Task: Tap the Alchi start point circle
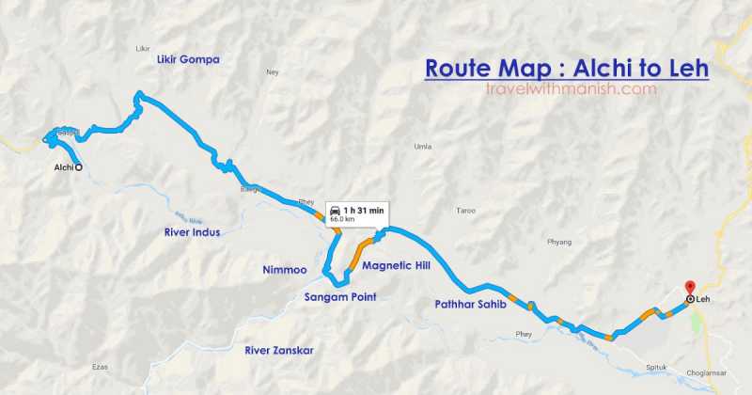[78, 167]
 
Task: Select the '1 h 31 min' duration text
[364, 210]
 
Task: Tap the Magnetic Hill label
[396, 266]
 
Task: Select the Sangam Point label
[340, 297]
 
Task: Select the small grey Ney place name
[274, 71]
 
